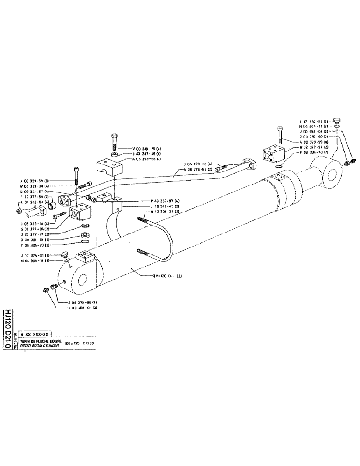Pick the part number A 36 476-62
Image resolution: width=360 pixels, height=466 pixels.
click(x=201, y=169)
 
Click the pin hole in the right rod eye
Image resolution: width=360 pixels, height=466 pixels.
click(x=333, y=175)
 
